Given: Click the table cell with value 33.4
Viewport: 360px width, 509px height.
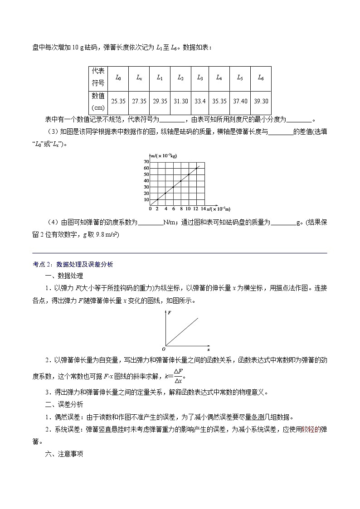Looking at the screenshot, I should point(200,102).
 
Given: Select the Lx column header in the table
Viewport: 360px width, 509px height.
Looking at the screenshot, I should point(139,78).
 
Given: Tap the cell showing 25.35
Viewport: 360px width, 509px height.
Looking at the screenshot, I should point(118,102).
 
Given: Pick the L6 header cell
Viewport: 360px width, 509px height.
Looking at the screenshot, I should point(261,78).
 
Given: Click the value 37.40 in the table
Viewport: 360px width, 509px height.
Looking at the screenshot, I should point(240,102).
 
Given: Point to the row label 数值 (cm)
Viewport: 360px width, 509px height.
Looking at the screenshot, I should point(98,102).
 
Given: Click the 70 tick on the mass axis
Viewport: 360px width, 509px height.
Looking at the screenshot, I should point(146,162).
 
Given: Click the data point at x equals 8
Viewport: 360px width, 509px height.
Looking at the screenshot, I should point(180,181).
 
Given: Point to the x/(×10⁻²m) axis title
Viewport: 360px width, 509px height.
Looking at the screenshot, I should point(219,209).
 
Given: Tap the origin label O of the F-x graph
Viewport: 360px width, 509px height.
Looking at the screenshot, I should point(163,349).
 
